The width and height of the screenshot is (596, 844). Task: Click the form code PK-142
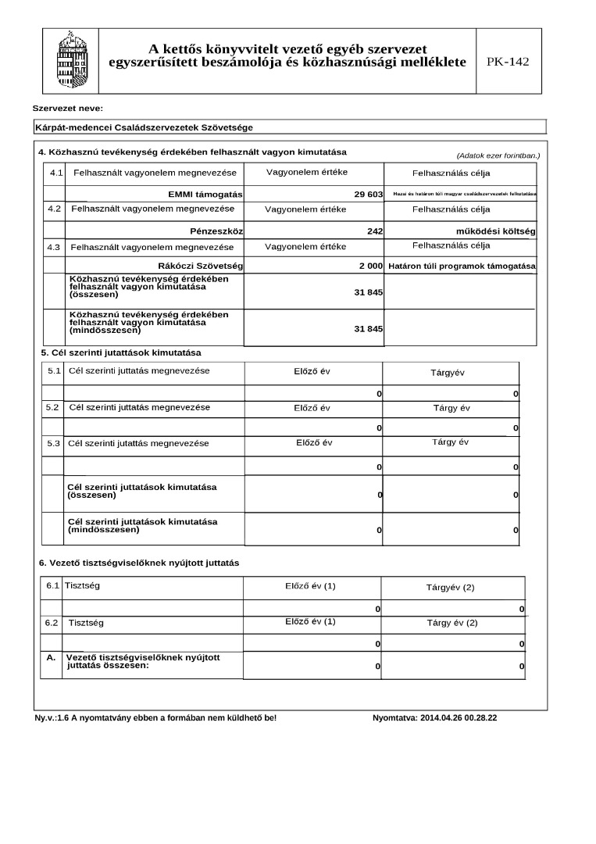507,62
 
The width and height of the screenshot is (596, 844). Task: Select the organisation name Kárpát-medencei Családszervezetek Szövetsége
145,127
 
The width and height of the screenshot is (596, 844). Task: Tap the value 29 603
368,193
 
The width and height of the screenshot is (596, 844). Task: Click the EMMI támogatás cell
205,194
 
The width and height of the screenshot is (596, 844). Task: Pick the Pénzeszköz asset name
216,231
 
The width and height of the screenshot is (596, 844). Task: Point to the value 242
374,231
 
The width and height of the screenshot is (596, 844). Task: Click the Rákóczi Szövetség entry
200,266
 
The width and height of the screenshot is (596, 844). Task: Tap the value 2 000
370,266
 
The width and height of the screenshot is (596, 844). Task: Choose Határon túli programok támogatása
462,266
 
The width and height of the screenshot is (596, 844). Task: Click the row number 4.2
54,209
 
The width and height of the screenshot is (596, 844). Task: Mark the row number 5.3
53,443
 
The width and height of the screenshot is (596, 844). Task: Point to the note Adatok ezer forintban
498,156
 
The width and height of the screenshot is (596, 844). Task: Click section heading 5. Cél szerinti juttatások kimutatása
121,352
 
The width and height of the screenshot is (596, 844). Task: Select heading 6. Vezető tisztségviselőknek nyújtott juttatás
139,563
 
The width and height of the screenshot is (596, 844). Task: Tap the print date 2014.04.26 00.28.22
459,717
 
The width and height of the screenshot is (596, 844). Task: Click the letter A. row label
51,658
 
